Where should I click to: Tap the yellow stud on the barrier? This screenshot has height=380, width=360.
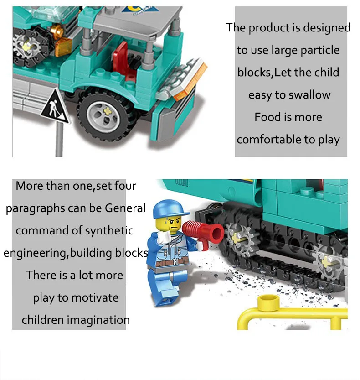tap(268, 302)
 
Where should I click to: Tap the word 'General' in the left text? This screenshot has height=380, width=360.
tap(125, 208)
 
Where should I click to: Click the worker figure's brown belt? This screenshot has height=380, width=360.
tap(172, 262)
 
